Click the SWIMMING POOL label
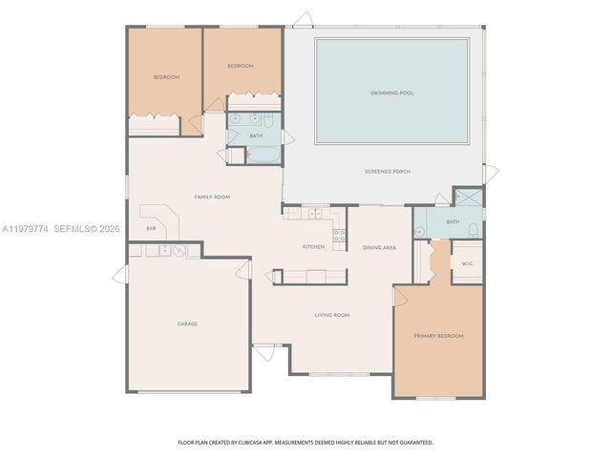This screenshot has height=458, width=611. [x=391, y=93]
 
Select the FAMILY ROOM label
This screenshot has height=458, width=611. [x=212, y=197]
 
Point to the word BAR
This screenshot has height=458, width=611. [x=151, y=228]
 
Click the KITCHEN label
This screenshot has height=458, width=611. [x=313, y=246]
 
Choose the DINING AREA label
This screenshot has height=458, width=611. [x=379, y=247]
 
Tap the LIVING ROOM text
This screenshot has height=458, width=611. [x=332, y=314]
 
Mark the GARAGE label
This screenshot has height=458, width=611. [x=187, y=323]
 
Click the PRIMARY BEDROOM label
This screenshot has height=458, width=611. [x=438, y=336]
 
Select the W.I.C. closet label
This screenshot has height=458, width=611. [x=468, y=263]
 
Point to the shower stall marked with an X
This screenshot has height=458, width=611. [x=467, y=198]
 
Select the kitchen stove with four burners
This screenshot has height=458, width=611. [x=338, y=234]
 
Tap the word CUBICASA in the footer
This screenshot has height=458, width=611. [x=267, y=443]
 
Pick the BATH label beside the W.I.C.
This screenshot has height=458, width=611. [x=453, y=222]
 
